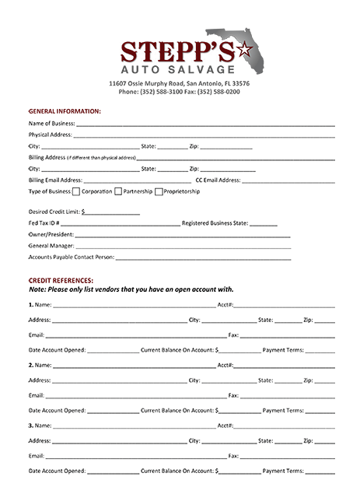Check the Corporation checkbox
76,191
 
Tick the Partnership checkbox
118,191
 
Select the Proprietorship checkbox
159,191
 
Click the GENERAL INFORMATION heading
65,111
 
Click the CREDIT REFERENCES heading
61,279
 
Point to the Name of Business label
51,124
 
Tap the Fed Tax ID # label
44,222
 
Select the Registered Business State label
215,222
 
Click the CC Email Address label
218,180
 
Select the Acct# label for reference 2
226,364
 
